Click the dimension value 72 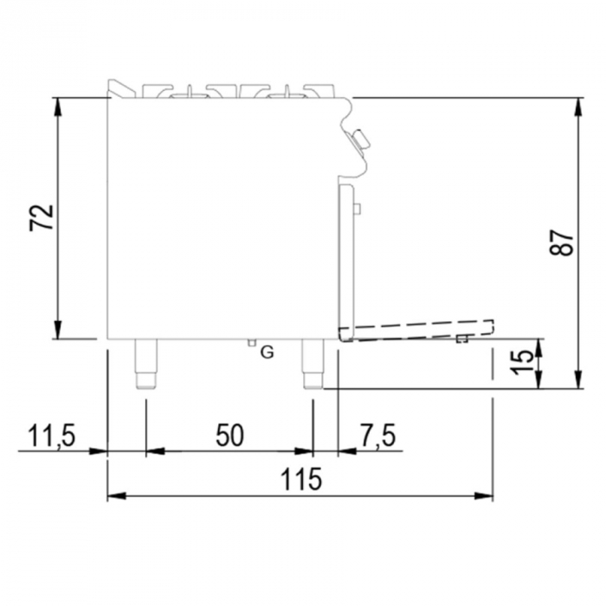coord(42,217)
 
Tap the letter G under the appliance coord(267,352)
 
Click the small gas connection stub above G coord(252,343)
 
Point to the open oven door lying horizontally coord(416,329)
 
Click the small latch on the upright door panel coord(357,206)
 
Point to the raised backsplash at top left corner coord(115,87)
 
